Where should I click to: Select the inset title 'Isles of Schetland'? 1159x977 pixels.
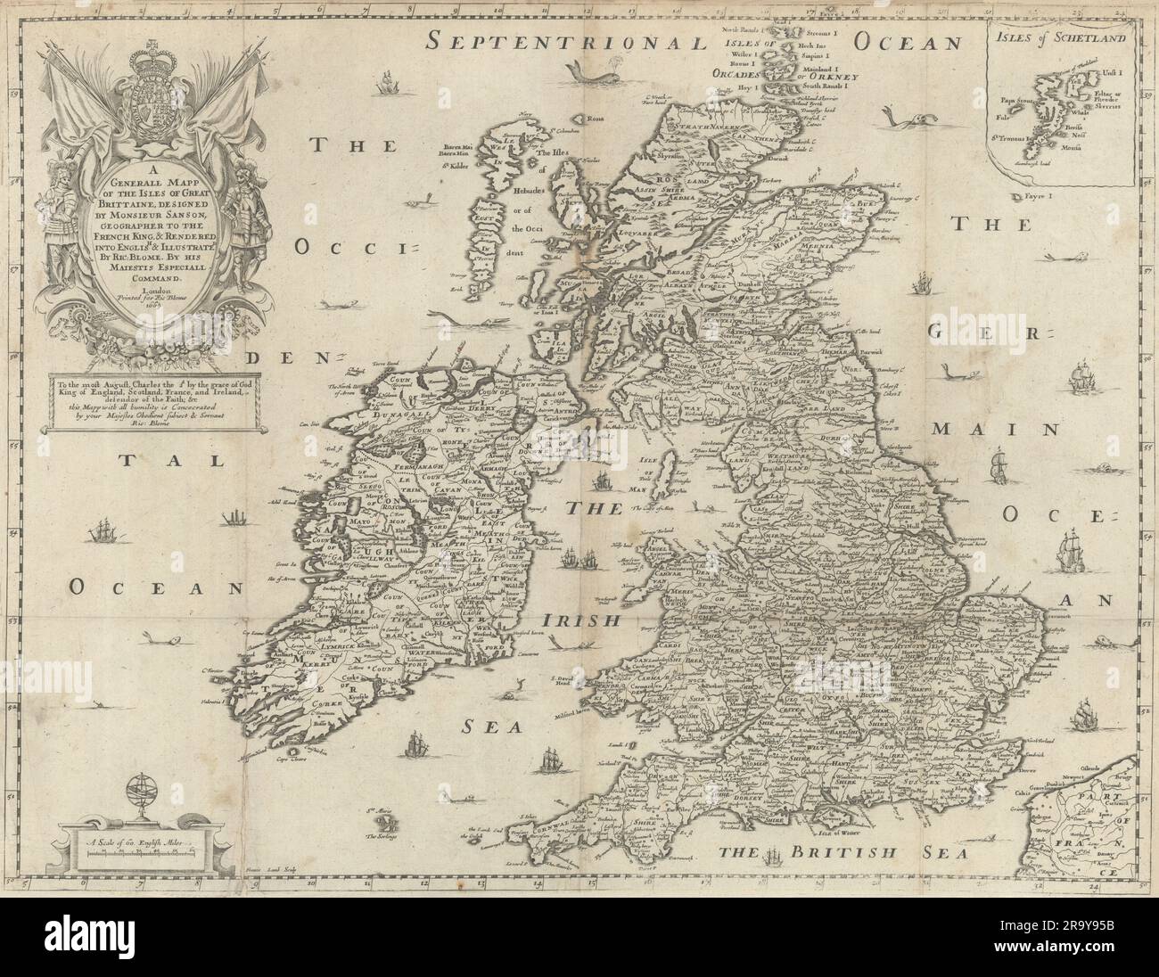(x=1066, y=38)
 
